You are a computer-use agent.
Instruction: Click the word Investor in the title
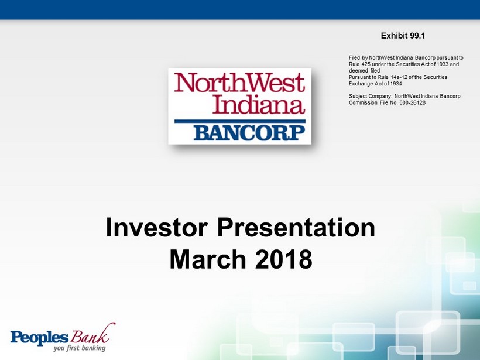point(157,228)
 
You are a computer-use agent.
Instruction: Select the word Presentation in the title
point(296,228)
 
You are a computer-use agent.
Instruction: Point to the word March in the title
point(208,259)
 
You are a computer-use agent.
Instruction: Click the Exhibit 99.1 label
point(403,36)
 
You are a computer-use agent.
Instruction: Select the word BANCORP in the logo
point(249,133)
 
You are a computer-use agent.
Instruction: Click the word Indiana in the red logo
point(259,105)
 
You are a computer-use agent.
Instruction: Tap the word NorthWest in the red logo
point(239,83)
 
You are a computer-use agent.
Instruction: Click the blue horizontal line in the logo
point(239,121)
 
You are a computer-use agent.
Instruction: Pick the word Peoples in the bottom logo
point(39,337)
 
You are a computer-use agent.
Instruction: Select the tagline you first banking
point(80,348)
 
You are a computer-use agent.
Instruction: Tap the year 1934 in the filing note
point(396,84)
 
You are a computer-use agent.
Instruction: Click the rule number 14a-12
point(400,77)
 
